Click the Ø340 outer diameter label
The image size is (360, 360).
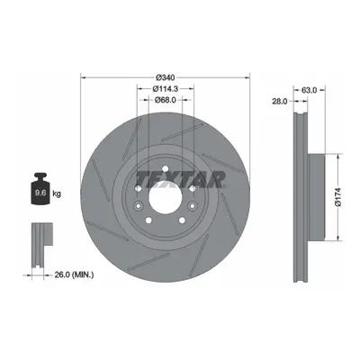pos(166,77)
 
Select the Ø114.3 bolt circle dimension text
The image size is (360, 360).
pos(166,89)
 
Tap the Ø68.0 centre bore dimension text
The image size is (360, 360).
pos(166,100)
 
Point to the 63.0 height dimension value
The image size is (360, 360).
pos(309,90)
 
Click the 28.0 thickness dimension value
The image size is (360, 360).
pos(279,102)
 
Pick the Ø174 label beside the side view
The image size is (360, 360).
pos(338,197)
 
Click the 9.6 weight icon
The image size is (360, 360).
pos(40,188)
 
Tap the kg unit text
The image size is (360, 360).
pos(57,193)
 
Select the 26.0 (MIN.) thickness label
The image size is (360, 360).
pos(74,274)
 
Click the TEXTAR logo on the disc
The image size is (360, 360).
pos(180,180)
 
